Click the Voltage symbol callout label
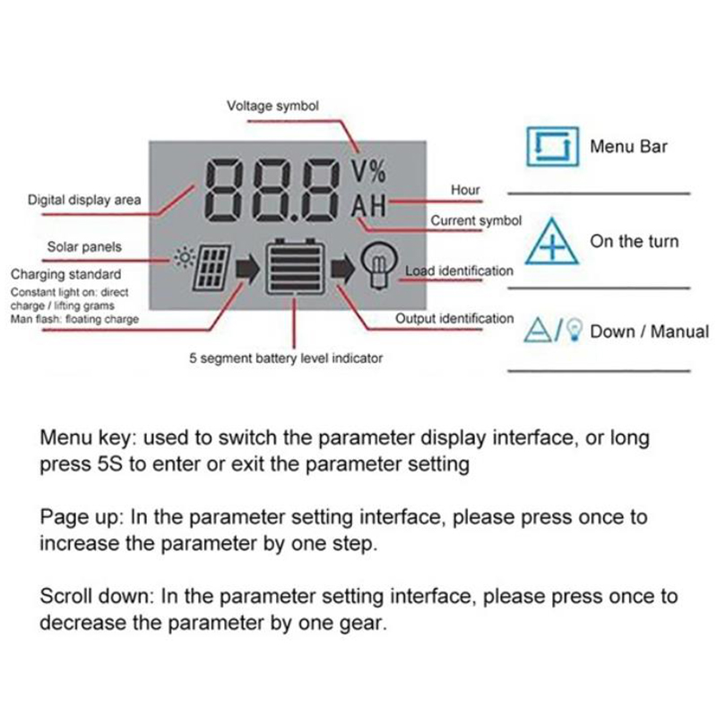tap(272, 106)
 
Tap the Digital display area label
tap(84, 200)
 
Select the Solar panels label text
tap(84, 247)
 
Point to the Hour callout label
tap(465, 190)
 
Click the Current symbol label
tap(476, 220)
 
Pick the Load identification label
tap(459, 271)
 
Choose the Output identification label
tap(454, 318)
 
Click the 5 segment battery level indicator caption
tap(286, 358)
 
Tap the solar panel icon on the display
tap(212, 268)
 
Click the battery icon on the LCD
tap(295, 266)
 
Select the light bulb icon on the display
tap(378, 266)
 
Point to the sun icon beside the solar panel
tap(185, 257)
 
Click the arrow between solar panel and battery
tap(247, 268)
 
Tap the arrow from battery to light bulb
tap(342, 268)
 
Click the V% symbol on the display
tap(368, 171)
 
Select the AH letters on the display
tap(368, 206)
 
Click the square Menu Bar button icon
tap(552, 146)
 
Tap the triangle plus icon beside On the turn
tap(552, 241)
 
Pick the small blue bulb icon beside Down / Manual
tap(574, 330)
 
